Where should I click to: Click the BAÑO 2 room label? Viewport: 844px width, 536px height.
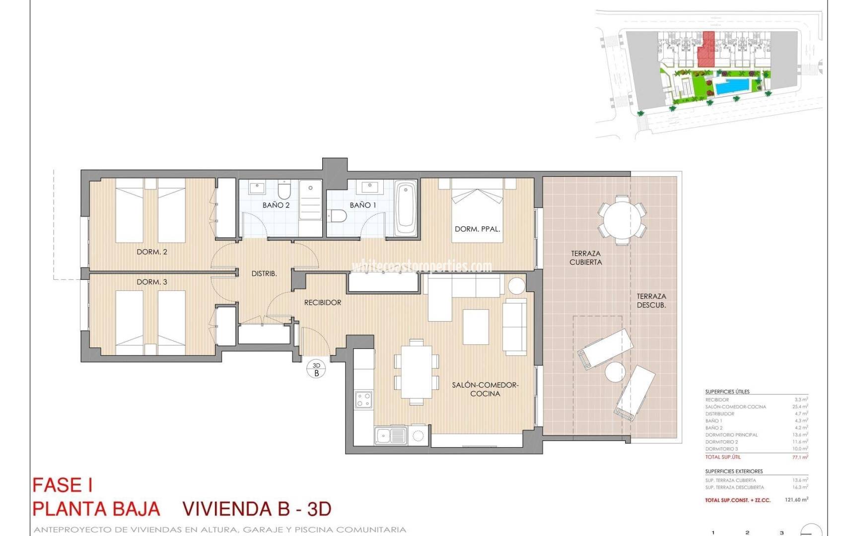(x=276, y=205)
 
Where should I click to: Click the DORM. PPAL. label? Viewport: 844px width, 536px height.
(x=477, y=229)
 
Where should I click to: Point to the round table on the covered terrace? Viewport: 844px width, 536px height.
(x=622, y=219)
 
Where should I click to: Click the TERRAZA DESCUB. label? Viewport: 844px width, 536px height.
(x=651, y=301)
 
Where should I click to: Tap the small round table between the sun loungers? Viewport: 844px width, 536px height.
(x=615, y=372)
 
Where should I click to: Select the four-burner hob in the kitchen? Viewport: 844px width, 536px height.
(x=363, y=400)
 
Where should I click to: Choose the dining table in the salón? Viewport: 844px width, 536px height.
(x=417, y=371)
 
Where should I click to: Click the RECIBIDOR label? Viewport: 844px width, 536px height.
(x=323, y=302)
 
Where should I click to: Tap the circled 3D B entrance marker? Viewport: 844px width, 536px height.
(x=316, y=369)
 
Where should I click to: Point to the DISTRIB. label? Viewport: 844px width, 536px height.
(x=264, y=273)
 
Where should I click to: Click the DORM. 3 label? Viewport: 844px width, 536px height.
(x=152, y=282)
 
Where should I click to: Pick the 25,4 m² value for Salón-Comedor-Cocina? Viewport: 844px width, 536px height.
(x=799, y=406)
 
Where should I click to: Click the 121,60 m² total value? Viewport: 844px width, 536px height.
(x=796, y=500)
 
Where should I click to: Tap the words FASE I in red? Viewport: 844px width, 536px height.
(x=63, y=485)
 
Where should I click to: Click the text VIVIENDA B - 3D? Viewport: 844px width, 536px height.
(x=257, y=509)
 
